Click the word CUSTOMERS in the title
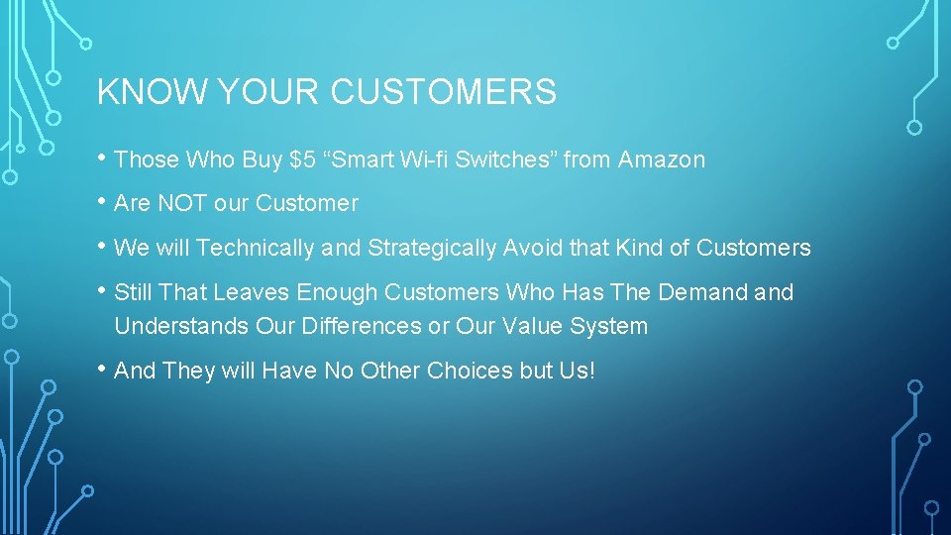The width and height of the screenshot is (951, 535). tap(443, 92)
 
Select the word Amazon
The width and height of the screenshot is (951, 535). tap(662, 160)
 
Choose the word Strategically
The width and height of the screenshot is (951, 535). tap(432, 248)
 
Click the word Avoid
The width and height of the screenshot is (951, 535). tap(533, 248)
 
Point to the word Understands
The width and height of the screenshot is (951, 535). tap(181, 326)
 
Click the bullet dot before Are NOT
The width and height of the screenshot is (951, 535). tap(103, 202)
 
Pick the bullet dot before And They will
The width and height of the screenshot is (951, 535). tap(103, 369)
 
